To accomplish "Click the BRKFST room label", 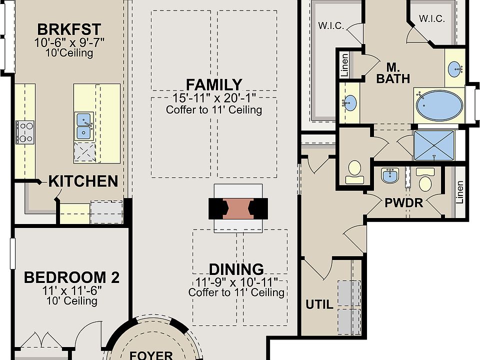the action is point(69,29).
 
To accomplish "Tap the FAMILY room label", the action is point(214,85).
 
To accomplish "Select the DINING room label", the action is point(236,269).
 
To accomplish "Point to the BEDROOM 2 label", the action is point(71,277).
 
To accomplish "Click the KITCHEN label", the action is point(83,181).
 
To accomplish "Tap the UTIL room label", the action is point(319,304).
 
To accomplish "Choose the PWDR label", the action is point(404,202).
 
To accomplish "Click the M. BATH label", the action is point(393,73).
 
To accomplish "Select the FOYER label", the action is point(151,355).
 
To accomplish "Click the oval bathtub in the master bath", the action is point(439,105).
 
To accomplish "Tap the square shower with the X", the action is point(434,145).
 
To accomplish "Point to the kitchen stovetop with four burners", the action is point(25,132).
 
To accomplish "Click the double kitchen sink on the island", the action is point(83,126).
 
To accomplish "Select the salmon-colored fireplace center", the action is point(238,209).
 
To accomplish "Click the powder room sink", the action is point(389,175).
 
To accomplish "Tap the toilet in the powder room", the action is point(425,180).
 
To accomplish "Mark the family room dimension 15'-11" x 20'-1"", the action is point(214,98).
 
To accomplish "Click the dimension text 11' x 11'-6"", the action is point(71,290).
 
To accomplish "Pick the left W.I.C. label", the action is point(331,25).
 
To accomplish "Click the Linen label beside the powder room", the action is point(460,192).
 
